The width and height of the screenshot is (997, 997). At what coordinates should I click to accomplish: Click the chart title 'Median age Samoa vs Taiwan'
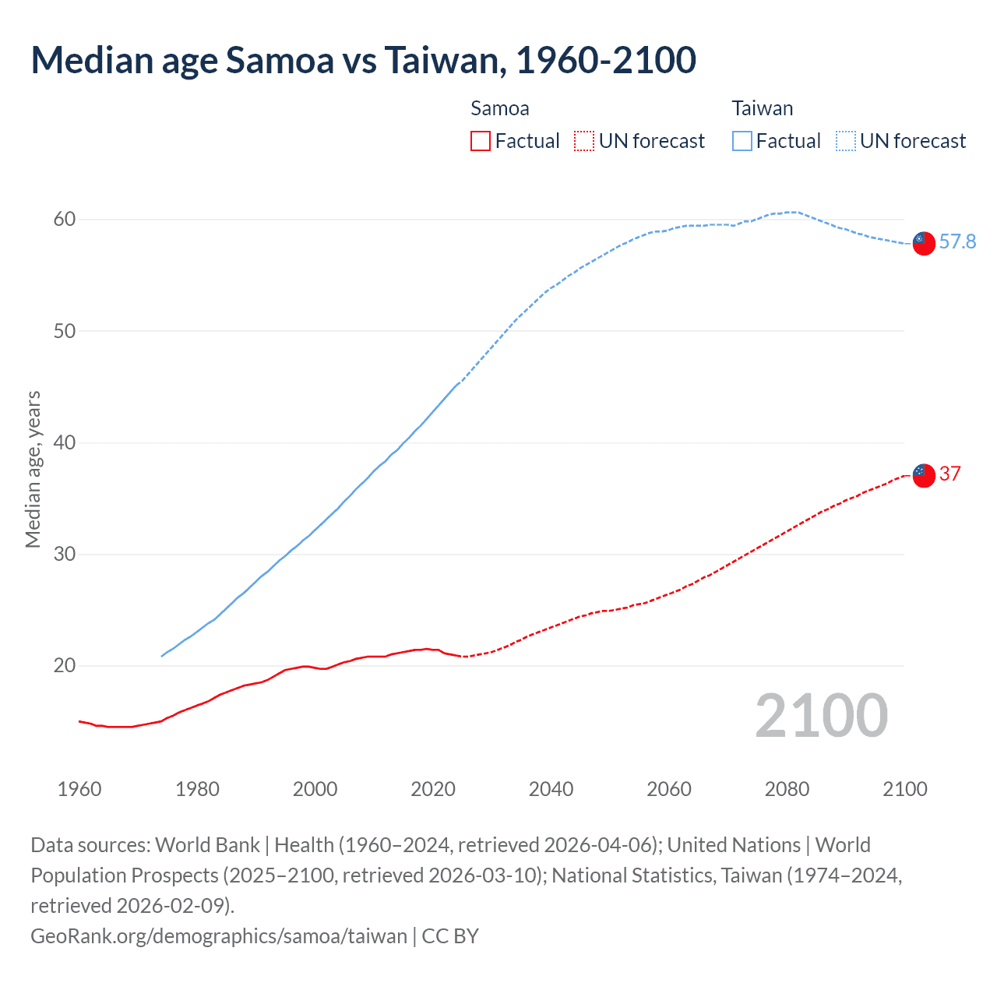pos(363,61)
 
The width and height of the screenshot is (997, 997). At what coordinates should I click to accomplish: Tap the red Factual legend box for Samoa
pos(481,141)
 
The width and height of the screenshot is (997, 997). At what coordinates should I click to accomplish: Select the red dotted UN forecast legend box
pos(584,141)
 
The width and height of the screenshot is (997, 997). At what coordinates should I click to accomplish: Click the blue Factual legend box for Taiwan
pos(742,141)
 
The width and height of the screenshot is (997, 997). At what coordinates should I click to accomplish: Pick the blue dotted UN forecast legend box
pos(846,141)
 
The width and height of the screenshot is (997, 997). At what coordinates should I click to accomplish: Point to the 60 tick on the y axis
pos(65,220)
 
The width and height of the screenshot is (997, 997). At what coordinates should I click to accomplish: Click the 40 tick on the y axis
pos(65,442)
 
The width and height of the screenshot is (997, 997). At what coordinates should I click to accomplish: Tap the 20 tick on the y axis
pos(65,666)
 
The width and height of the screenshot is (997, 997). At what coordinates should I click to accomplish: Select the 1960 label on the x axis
pos(79,789)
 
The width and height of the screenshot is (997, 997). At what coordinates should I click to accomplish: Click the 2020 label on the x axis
pos(433,789)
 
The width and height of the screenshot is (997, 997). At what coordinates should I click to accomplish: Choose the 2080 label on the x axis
pos(787,789)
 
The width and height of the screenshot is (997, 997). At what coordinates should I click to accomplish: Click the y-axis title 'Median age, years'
pos(33,470)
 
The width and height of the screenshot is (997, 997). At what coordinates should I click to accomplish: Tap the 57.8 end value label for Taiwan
pos(957,242)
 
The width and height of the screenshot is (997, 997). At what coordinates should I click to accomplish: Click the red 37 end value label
pos(949,474)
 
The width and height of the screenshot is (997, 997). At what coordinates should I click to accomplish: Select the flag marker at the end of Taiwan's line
pos(923,244)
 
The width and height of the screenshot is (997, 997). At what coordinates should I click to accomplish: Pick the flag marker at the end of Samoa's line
pos(923,475)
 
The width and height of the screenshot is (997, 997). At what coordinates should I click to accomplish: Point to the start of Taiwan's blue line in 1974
pos(162,656)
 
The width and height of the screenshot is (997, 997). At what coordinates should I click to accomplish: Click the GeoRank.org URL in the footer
pos(219,935)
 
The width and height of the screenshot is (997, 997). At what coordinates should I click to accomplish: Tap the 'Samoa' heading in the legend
pos(500,108)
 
